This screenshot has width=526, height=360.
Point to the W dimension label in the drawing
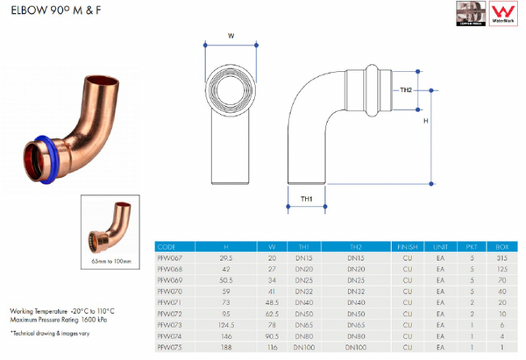tap(231, 37)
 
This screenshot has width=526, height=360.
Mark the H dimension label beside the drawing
tap(426, 123)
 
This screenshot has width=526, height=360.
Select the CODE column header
tap(167, 248)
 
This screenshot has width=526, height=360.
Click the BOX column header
tap(501, 248)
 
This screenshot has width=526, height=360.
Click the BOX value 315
tap(501, 259)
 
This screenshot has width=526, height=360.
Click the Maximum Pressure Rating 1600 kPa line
tap(56, 317)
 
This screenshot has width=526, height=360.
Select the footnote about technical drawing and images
tap(50, 334)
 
